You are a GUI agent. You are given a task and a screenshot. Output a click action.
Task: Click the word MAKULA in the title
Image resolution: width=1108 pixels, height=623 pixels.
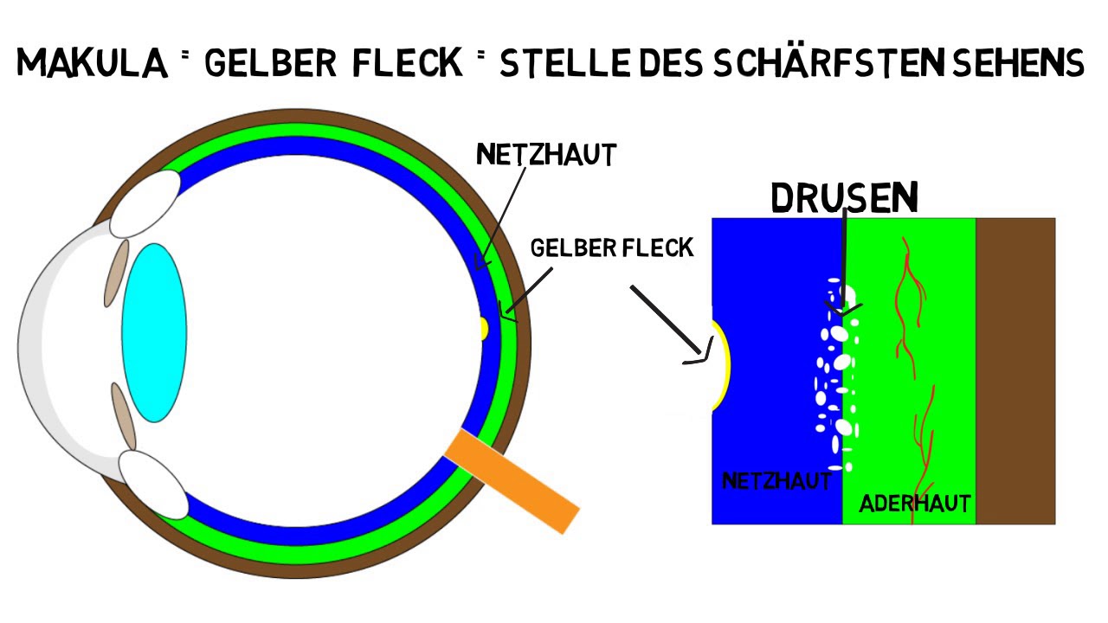(91, 63)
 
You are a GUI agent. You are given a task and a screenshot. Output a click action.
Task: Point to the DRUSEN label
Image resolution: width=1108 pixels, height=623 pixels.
(844, 198)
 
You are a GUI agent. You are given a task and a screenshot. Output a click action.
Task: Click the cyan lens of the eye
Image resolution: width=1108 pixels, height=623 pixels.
(154, 332)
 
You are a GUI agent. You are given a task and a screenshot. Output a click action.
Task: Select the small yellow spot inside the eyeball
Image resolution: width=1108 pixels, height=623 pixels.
(485, 328)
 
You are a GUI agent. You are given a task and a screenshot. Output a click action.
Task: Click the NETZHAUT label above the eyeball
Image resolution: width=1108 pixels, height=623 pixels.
(546, 154)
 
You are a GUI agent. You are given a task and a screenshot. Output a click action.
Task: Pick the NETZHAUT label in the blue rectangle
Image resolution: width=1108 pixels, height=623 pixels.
(776, 480)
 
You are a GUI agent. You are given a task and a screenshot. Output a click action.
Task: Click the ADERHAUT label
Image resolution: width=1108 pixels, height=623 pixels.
(914, 503)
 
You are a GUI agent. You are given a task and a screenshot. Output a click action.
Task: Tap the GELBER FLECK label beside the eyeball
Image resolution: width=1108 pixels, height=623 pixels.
(612, 247)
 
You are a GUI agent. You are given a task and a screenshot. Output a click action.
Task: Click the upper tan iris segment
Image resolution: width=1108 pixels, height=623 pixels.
(116, 273)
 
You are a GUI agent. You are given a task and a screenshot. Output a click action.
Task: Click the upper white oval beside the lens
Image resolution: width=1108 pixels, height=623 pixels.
(145, 203)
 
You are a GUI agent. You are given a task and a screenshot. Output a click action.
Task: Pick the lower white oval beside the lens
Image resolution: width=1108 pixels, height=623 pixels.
(153, 484)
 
